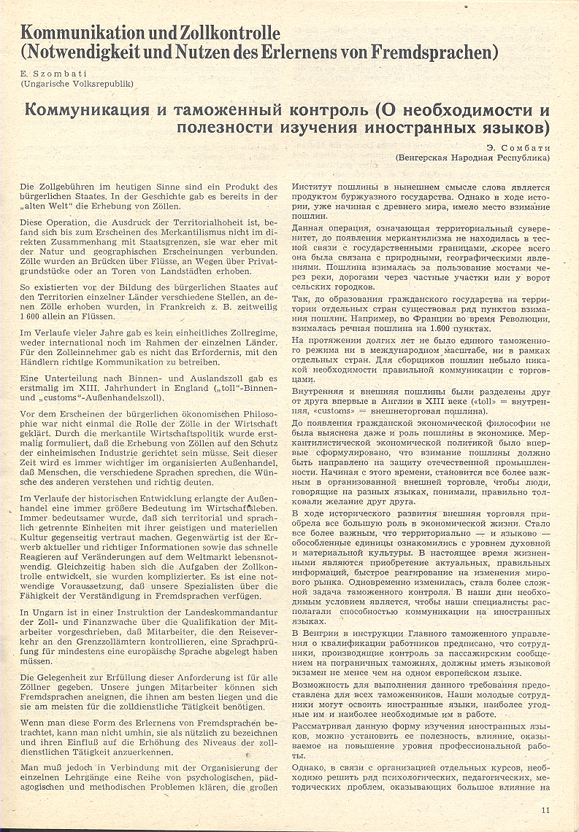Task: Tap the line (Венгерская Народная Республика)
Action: [x=472, y=157]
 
